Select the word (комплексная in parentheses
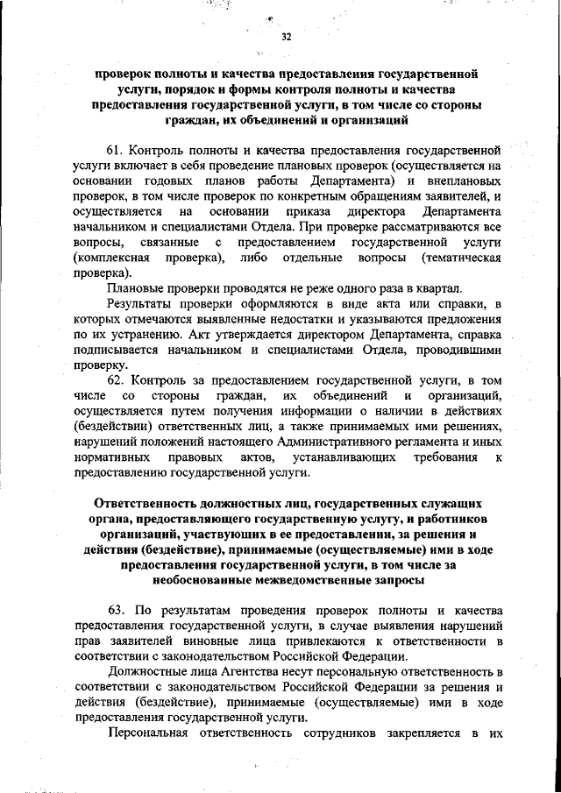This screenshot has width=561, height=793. pyautogui.click(x=111, y=258)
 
